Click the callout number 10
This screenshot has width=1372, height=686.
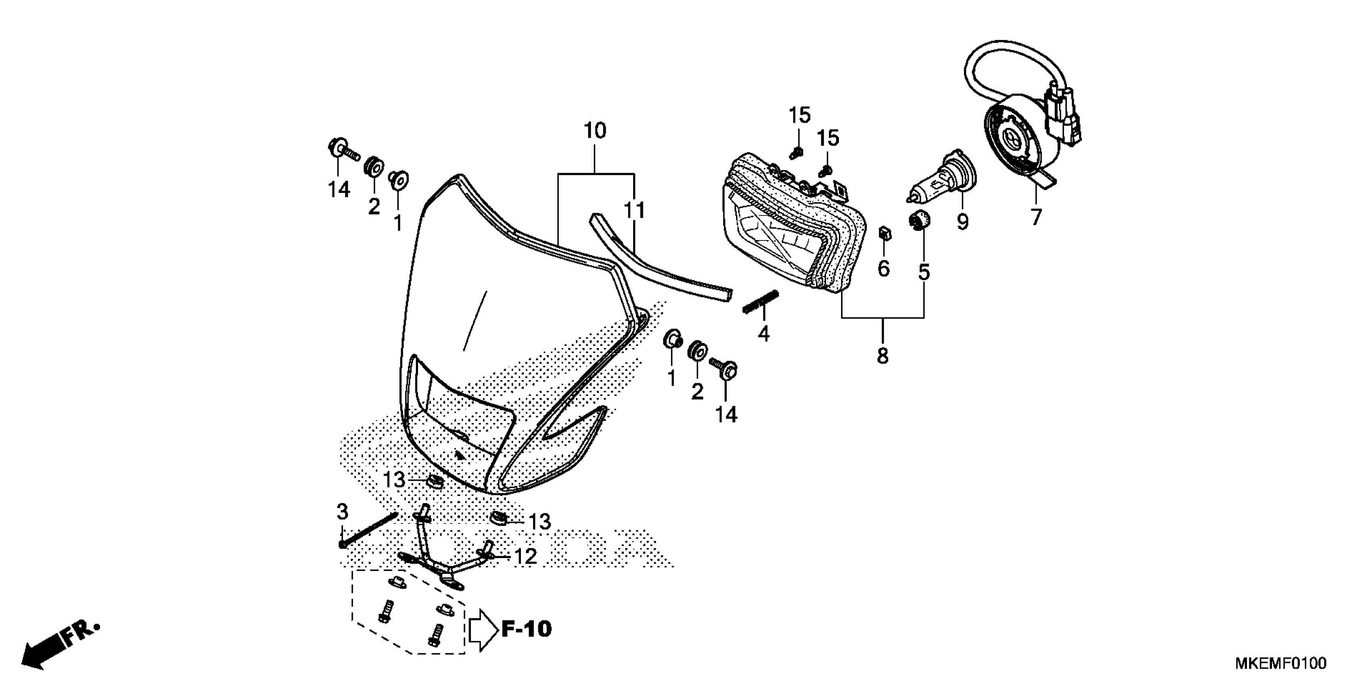(x=595, y=131)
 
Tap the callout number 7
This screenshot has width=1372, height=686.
(x=1035, y=218)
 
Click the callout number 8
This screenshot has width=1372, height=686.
(x=883, y=356)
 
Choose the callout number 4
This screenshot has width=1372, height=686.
(x=764, y=335)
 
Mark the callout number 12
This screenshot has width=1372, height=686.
(x=525, y=557)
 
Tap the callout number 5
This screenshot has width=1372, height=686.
(x=924, y=272)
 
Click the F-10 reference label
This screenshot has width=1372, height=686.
(x=526, y=629)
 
